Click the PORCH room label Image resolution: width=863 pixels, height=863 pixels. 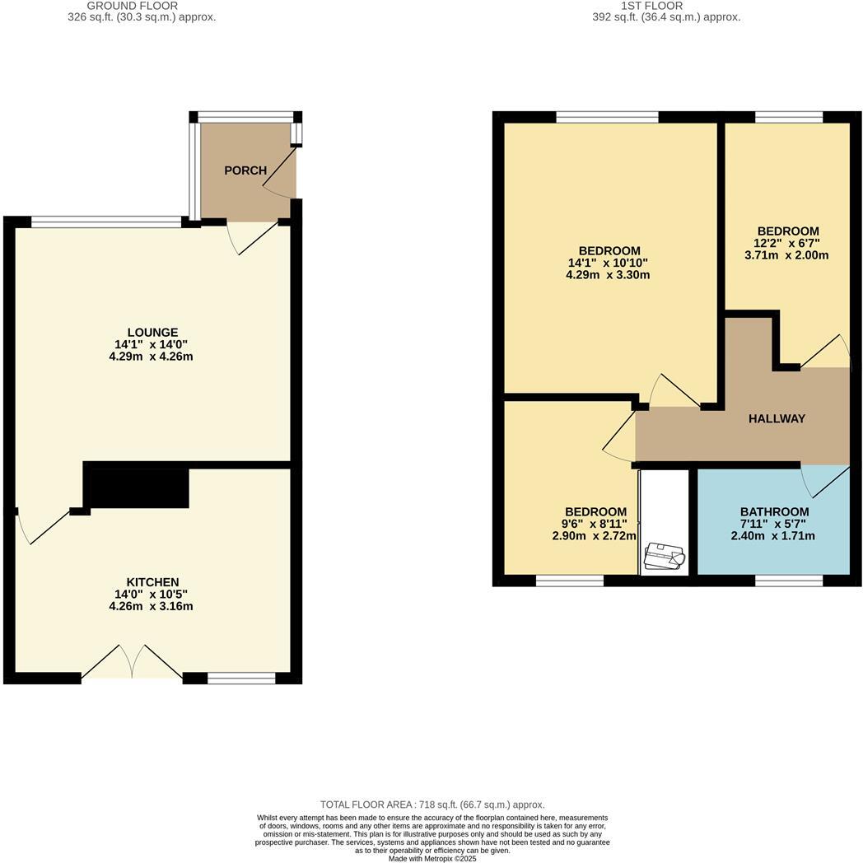245,170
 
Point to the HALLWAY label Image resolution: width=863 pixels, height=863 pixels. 777,418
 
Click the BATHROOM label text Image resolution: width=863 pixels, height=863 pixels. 774,512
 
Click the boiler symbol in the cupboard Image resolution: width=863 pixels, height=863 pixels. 665,557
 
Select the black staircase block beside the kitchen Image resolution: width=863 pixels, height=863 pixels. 136,487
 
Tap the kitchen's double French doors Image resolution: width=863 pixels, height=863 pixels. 132,662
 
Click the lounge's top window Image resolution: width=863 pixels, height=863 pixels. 106,222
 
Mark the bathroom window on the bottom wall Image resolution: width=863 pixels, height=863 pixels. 789,581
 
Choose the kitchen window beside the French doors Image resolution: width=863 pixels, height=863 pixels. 241,678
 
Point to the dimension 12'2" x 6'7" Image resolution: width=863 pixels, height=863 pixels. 788,244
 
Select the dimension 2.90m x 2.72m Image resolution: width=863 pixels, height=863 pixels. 594,536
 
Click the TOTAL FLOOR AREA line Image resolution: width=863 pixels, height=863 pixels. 432,805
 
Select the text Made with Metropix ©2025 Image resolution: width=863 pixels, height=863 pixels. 432,858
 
